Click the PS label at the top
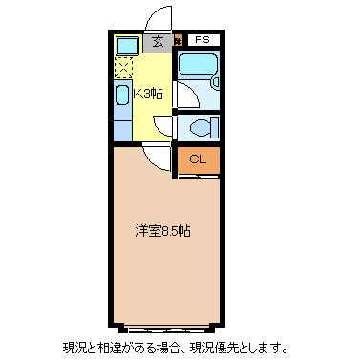[x=201, y=40]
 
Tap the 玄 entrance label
[x=158, y=41]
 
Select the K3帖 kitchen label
[x=146, y=94]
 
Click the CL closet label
[x=197, y=159]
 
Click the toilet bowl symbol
[x=201, y=127]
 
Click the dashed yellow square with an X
[x=123, y=69]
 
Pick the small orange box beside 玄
[x=178, y=41]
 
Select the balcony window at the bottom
[x=167, y=322]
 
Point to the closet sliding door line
[x=199, y=176]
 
